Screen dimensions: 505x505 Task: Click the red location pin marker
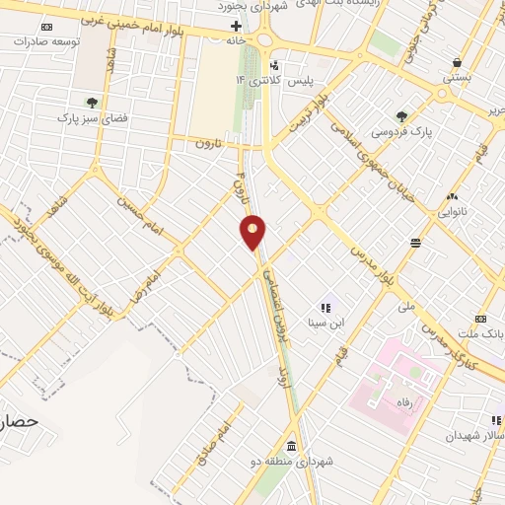(x=253, y=233)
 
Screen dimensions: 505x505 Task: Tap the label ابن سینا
(x=327, y=323)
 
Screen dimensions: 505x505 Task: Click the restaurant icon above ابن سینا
(x=327, y=308)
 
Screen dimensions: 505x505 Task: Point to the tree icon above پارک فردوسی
(x=401, y=115)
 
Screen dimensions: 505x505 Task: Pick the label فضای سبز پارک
(x=94, y=116)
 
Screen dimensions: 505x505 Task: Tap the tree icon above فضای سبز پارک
(x=92, y=101)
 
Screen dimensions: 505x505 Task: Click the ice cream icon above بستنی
(x=456, y=60)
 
